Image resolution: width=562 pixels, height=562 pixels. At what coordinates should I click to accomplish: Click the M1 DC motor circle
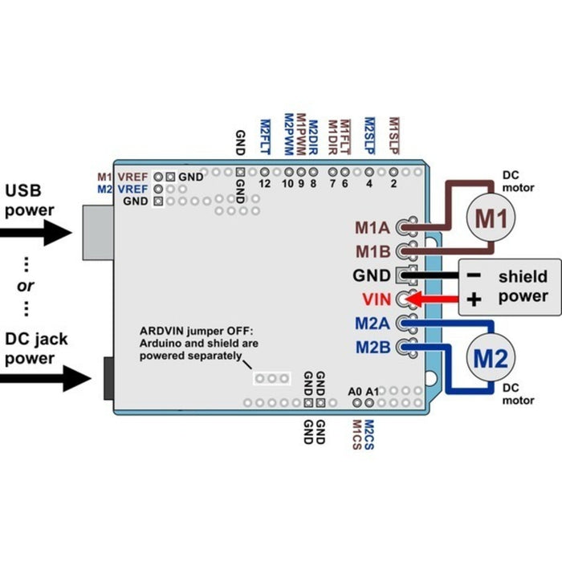tap(490, 217)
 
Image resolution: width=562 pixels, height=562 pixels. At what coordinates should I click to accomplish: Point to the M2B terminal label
tap(373, 348)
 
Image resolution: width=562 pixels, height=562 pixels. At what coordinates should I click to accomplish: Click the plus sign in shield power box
tap(474, 300)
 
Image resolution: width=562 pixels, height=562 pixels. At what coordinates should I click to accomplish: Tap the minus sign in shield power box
tap(474, 275)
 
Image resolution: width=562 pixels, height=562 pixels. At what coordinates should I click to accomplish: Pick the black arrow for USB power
tap(36, 233)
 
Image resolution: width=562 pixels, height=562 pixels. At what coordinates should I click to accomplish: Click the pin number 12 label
tap(265, 184)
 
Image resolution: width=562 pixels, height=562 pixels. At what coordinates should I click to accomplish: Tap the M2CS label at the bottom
tap(369, 434)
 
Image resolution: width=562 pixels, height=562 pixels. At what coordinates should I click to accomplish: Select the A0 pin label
tap(356, 392)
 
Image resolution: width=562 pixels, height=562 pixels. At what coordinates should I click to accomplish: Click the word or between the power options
tap(25, 287)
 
